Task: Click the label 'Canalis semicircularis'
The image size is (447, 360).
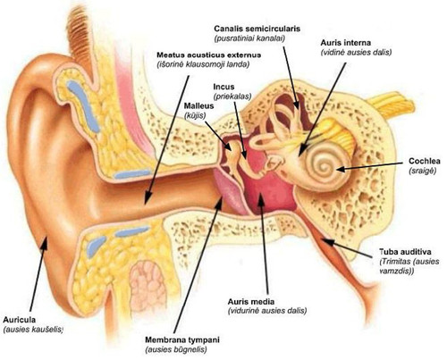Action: click(x=257, y=29)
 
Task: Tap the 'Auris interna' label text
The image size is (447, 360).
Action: click(x=346, y=43)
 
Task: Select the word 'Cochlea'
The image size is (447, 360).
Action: click(x=425, y=161)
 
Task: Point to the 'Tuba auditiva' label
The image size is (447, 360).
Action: click(x=405, y=252)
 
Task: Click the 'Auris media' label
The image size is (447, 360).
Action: click(x=251, y=302)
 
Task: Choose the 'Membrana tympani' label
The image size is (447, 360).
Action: click(x=182, y=340)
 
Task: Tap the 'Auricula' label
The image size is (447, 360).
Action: click(x=20, y=320)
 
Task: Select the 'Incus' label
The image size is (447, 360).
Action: click(x=223, y=87)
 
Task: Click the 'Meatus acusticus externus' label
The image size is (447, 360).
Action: click(x=209, y=55)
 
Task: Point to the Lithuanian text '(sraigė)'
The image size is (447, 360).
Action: click(x=423, y=171)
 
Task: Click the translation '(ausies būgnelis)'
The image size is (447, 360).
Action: click(x=176, y=349)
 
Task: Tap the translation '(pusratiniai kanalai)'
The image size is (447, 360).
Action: click(x=249, y=38)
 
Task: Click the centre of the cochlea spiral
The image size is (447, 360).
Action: click(x=324, y=167)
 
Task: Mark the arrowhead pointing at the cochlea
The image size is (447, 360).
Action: click(x=341, y=169)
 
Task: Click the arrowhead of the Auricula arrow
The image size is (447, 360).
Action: click(x=45, y=243)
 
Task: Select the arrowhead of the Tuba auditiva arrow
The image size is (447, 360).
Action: click(x=325, y=240)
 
